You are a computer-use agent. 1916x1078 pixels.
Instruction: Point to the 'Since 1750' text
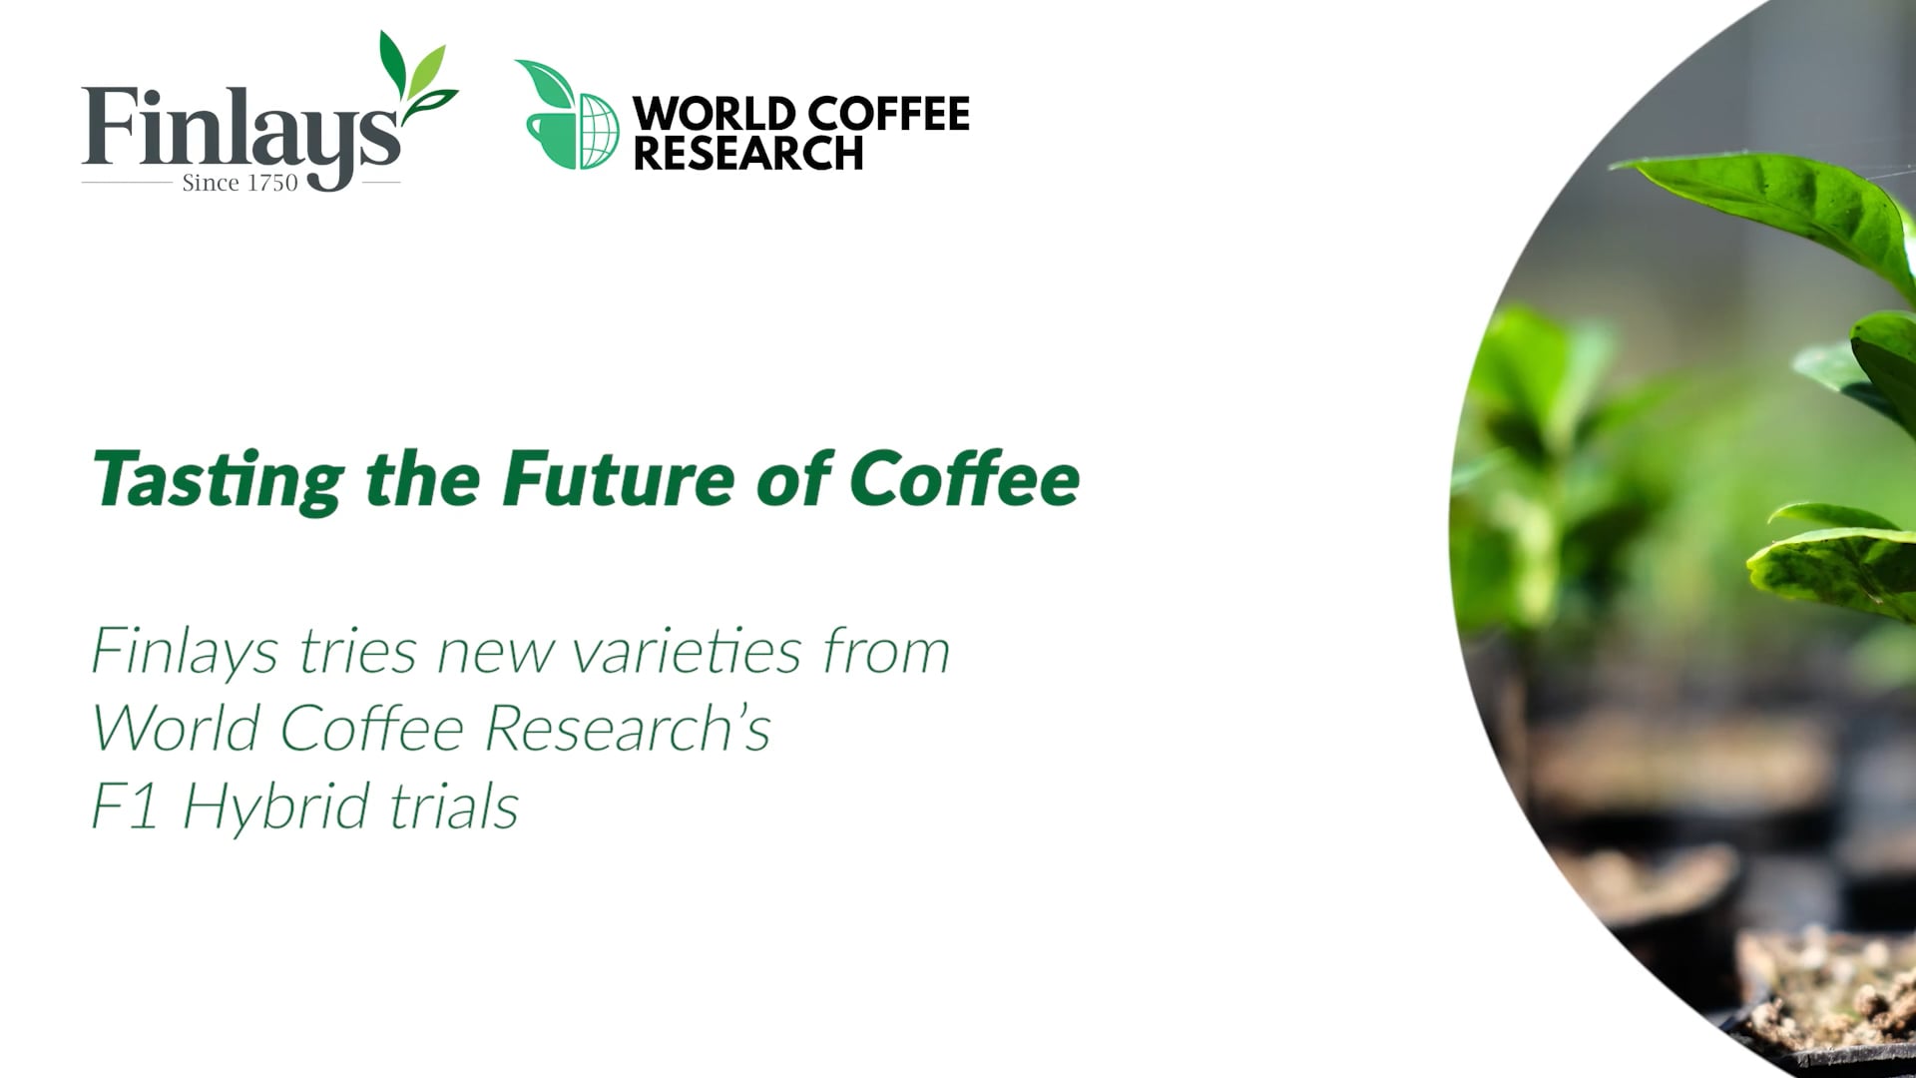(x=239, y=183)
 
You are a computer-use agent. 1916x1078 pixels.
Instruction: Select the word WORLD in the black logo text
(x=715, y=114)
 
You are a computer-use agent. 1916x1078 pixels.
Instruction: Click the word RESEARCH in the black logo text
(x=748, y=154)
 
